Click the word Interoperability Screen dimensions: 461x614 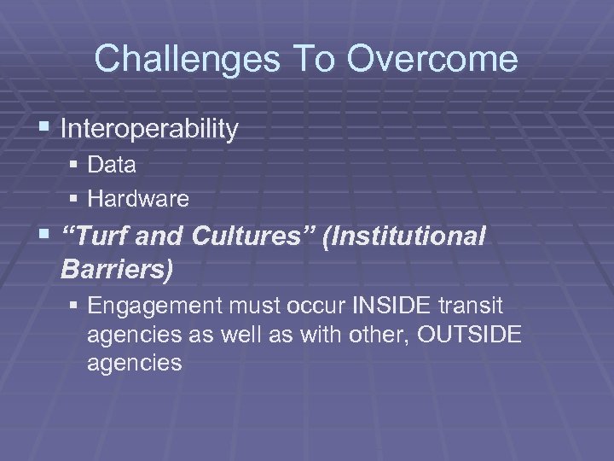tap(149, 129)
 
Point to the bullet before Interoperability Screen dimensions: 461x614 tap(46, 128)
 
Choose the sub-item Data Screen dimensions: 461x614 tap(112, 165)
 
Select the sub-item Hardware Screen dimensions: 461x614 tap(138, 199)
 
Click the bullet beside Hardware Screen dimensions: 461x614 tap(76, 199)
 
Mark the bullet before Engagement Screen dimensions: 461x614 tap(76, 305)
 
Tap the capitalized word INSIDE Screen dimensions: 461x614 tap(398, 305)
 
